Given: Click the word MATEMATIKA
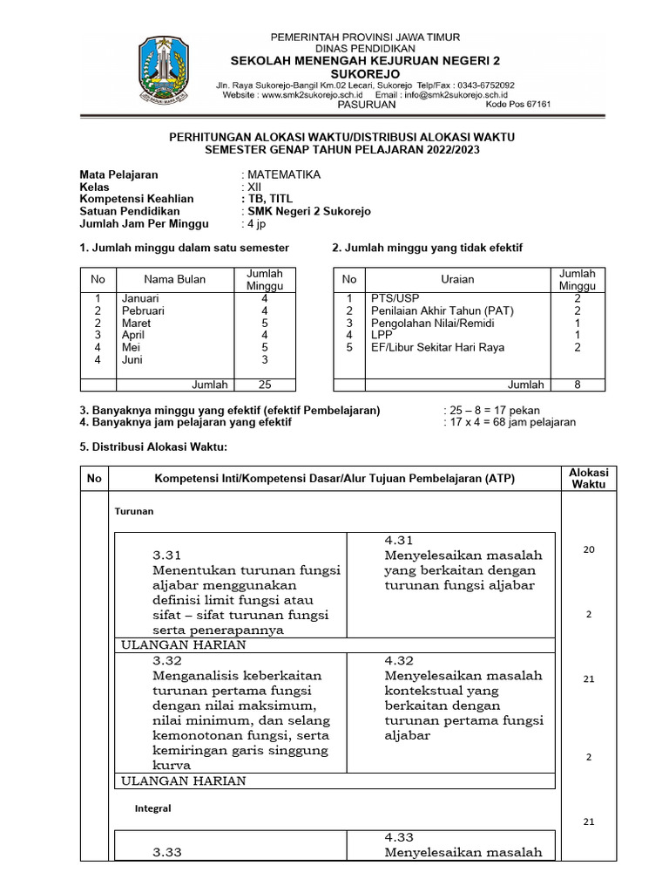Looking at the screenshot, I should tap(284, 174).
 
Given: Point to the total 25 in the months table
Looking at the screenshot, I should tap(266, 385).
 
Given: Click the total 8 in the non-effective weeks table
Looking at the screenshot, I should tap(578, 385).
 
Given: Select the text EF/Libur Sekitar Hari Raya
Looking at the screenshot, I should tap(437, 347).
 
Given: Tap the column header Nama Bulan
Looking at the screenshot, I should tap(175, 279).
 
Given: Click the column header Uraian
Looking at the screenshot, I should tap(458, 279).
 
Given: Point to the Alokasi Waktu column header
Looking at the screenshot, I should tap(589, 478).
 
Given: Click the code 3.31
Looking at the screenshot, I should tap(167, 556).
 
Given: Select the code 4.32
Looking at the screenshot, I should tap(399, 660).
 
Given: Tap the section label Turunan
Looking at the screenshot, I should tap(134, 511).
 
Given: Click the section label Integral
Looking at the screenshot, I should tap(152, 808).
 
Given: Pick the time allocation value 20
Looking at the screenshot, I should tap(589, 549).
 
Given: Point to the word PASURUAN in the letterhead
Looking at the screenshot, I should tap(367, 104).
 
